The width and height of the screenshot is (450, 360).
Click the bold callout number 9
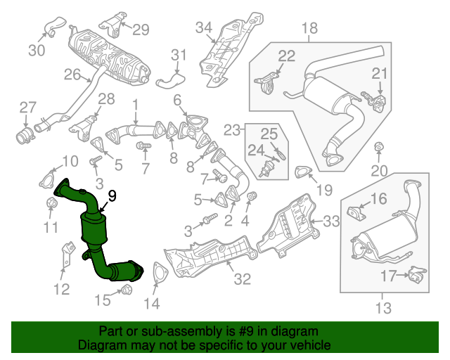(x=112, y=197)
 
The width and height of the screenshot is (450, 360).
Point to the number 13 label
(x=384, y=308)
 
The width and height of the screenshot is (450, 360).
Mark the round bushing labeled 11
(x=51, y=205)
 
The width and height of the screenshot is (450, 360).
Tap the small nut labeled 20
(x=378, y=147)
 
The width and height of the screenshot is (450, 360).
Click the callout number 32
(x=242, y=279)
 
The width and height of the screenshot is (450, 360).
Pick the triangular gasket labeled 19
(x=303, y=171)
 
